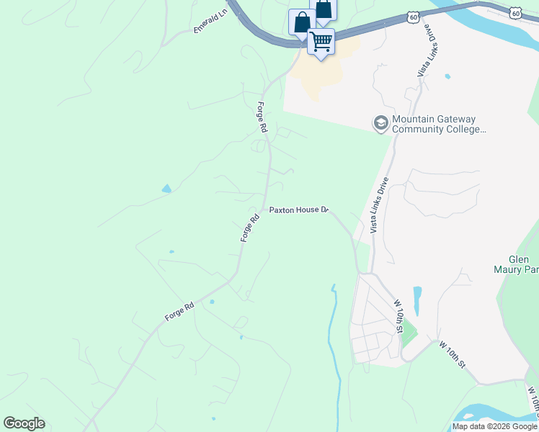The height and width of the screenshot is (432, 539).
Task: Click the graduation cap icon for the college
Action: pos(380,124)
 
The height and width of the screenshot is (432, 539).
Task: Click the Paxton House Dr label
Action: pos(299,210)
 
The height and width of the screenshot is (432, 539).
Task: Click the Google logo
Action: pos(24,423)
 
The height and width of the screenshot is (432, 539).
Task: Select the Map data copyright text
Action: pos(494,426)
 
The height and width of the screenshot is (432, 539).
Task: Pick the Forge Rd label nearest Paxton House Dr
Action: pos(250,228)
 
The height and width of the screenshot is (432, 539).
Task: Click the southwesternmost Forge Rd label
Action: pos(179,311)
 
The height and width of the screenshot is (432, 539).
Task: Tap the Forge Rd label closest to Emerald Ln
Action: pos(262,117)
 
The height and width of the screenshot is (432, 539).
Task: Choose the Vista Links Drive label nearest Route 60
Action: pos(428,53)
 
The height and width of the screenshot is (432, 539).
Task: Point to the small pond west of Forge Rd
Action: pos(167,189)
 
